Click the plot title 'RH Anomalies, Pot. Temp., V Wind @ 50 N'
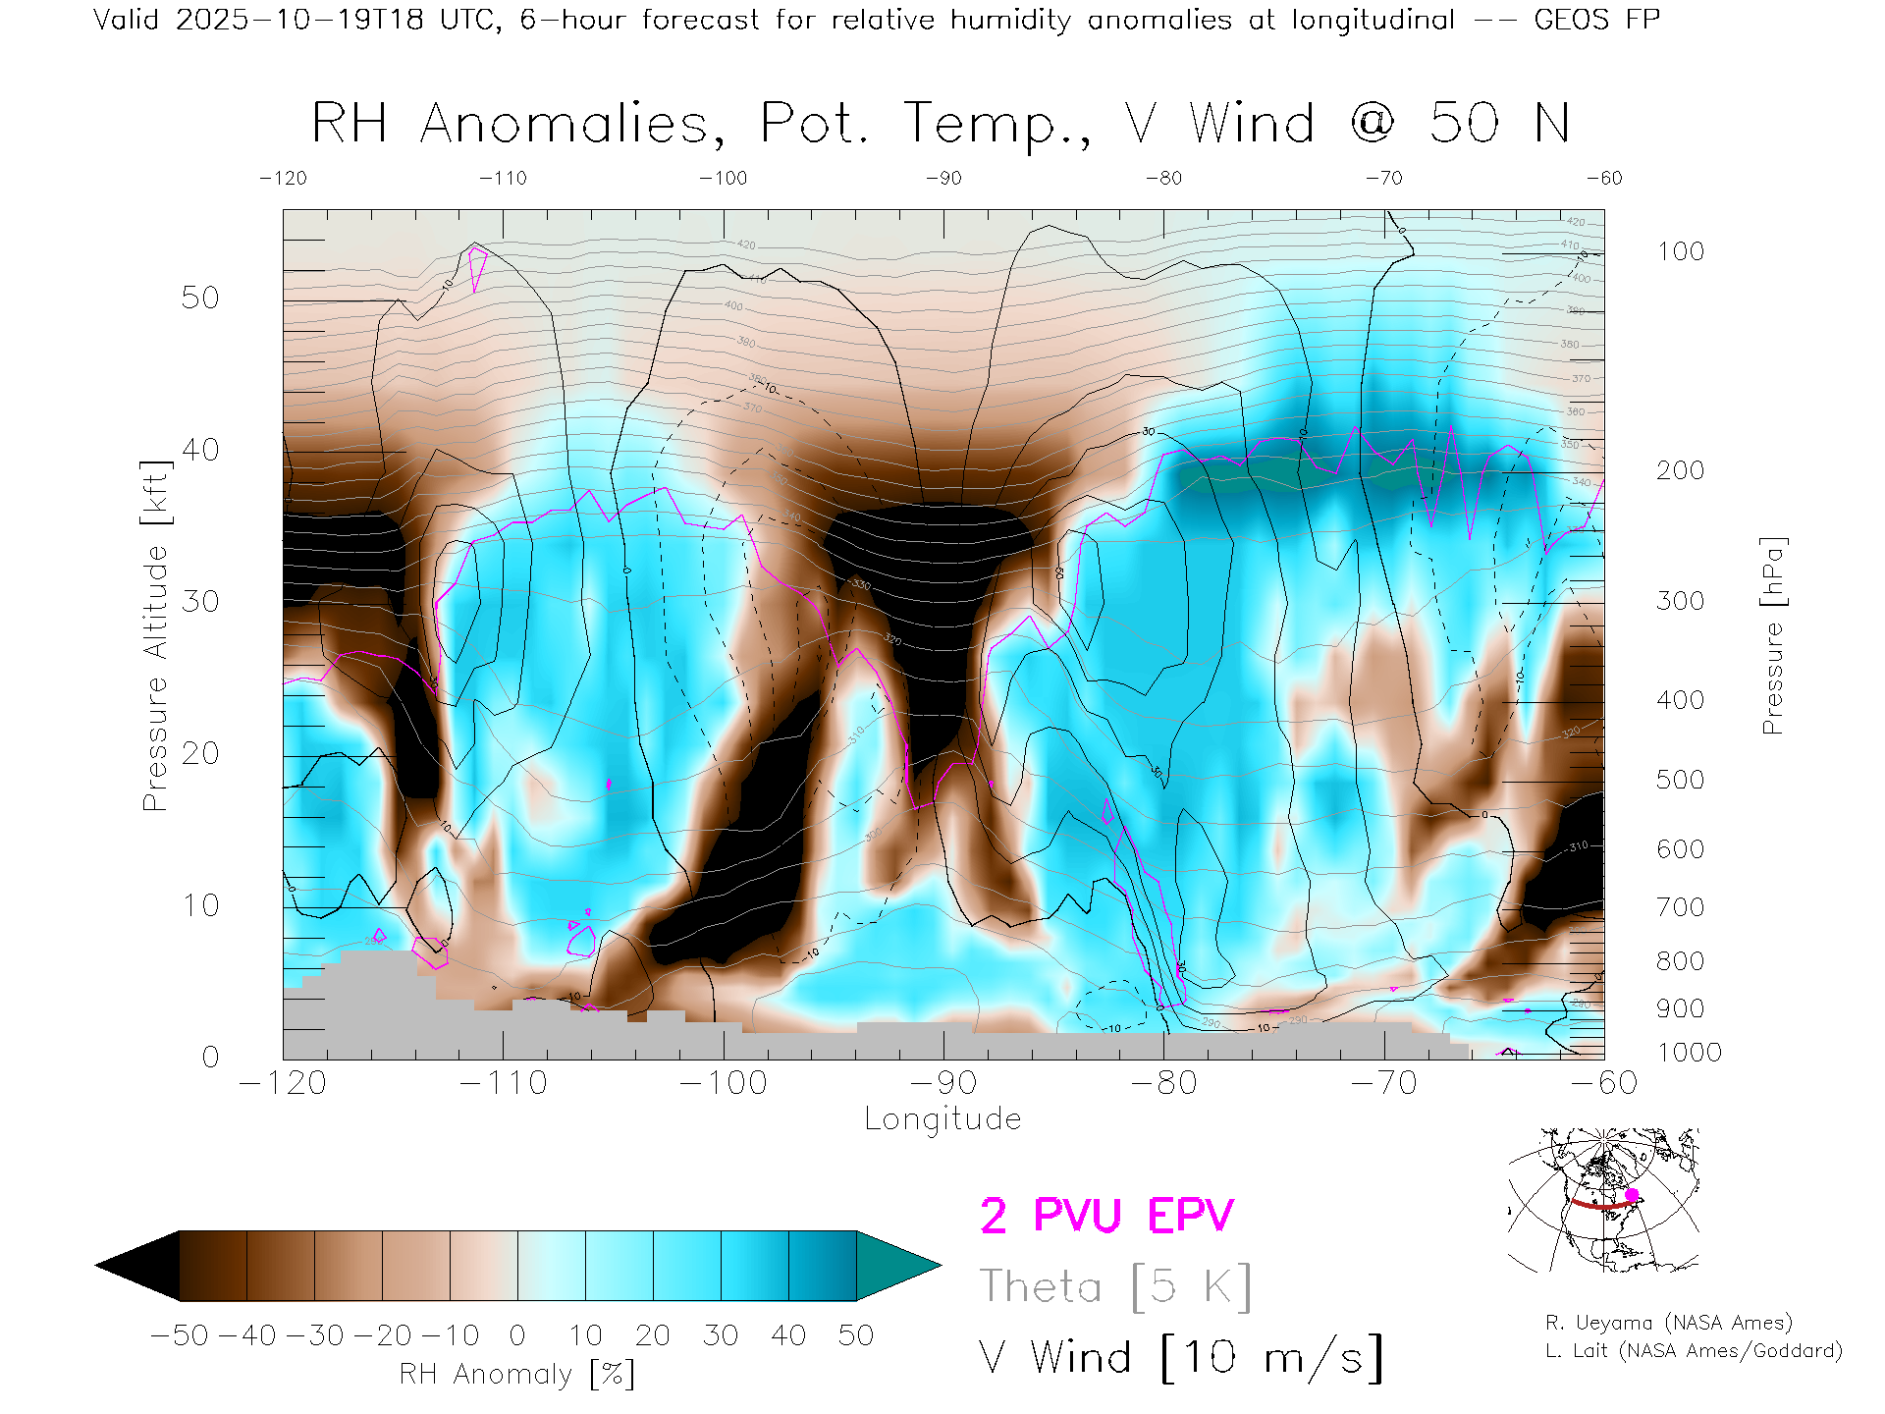(941, 124)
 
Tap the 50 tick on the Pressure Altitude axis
(200, 298)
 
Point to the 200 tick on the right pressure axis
(1680, 470)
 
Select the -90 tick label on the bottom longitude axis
(942, 1083)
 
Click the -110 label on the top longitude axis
(503, 179)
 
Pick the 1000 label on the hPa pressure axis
(1689, 1053)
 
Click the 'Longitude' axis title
(942, 1119)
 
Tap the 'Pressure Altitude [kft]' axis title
(155, 636)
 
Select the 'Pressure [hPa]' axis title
(1772, 636)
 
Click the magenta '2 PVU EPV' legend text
(1106, 1216)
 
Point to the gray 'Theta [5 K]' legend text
(1115, 1286)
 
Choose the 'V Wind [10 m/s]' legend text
(1180, 1357)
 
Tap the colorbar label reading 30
(720, 1335)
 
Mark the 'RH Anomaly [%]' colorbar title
(517, 1374)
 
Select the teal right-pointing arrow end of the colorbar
(893, 1266)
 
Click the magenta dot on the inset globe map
(1633, 1195)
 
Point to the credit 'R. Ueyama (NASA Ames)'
(1669, 1323)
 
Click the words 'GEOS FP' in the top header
(1596, 20)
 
